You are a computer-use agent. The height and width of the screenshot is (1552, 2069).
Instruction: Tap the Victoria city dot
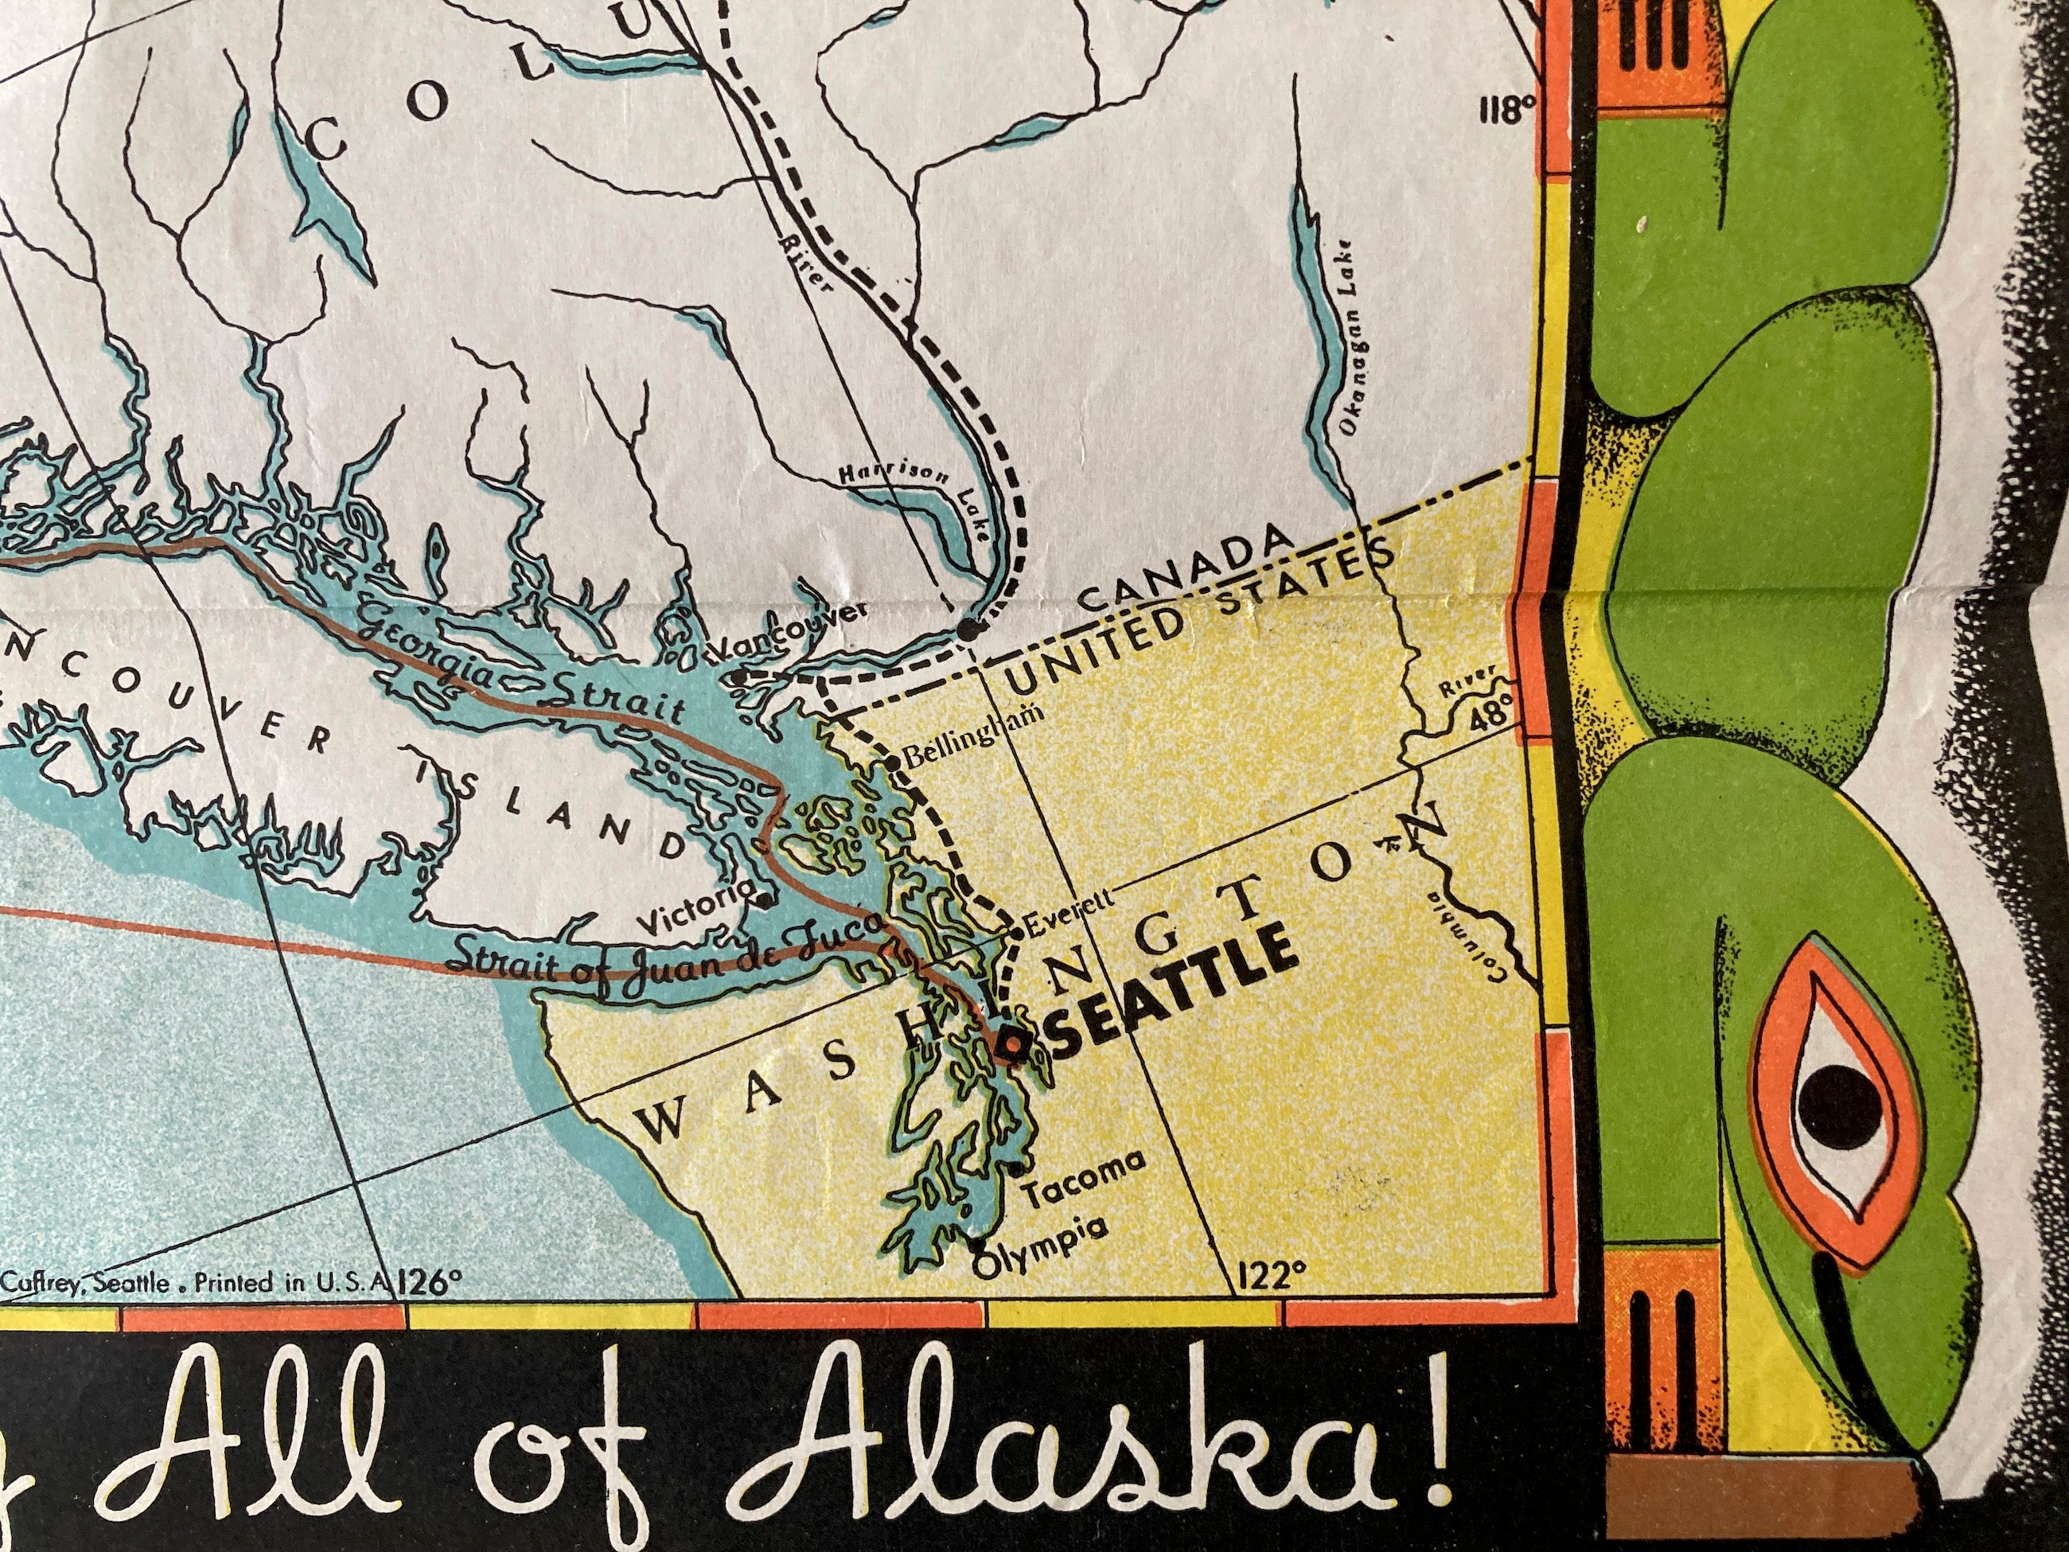[765, 901]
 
